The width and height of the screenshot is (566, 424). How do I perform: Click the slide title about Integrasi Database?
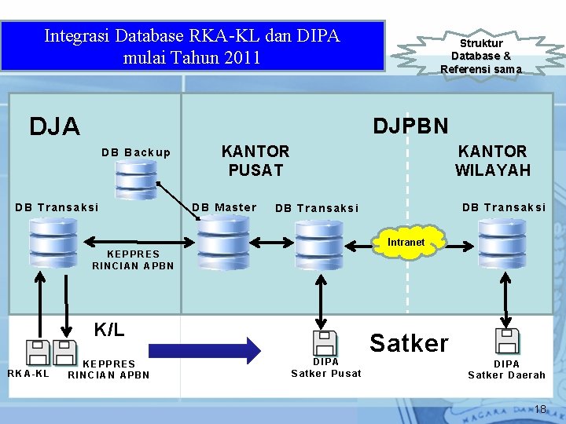(x=192, y=46)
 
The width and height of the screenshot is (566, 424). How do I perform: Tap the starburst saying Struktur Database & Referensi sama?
(x=480, y=56)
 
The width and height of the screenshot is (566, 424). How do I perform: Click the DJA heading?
(x=54, y=126)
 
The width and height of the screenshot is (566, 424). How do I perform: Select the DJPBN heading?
(x=410, y=126)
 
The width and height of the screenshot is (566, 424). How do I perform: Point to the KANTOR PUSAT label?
(x=255, y=160)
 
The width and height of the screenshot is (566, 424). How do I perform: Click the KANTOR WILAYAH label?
(x=492, y=160)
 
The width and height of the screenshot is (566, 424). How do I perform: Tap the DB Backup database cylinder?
(x=135, y=180)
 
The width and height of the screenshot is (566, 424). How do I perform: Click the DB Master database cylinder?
(x=222, y=243)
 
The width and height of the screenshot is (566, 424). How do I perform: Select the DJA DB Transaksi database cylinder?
(x=53, y=243)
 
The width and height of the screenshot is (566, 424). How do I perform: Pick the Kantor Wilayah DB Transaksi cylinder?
(x=503, y=243)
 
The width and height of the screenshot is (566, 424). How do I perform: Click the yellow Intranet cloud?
(x=406, y=243)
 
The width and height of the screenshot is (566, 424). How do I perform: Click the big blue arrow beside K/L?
(x=204, y=349)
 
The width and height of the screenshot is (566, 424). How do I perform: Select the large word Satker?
(x=409, y=343)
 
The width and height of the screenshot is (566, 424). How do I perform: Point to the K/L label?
(x=109, y=330)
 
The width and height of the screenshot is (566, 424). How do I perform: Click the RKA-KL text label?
(x=28, y=373)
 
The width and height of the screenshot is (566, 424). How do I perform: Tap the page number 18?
(x=540, y=409)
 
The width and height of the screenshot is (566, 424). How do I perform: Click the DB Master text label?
(x=225, y=207)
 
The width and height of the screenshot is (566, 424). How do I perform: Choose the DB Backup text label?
(x=135, y=152)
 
